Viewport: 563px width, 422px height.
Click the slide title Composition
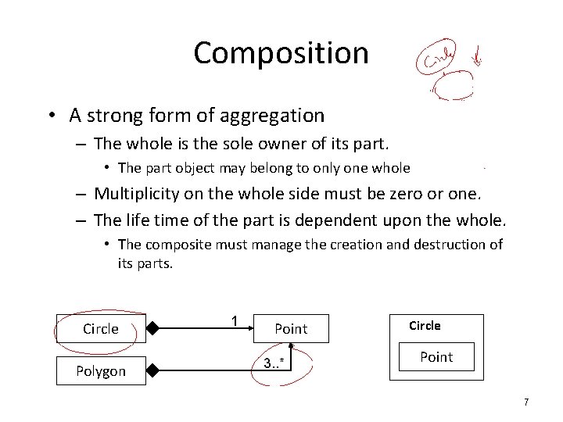[x=281, y=53]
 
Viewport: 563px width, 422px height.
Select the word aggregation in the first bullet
[x=273, y=116]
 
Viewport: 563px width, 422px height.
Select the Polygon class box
[x=101, y=371]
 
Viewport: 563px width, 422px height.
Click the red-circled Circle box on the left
[x=101, y=329]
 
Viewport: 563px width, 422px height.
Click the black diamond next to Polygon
[x=154, y=371]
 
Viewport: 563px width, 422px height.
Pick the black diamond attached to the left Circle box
[x=154, y=329]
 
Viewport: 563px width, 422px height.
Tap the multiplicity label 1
[x=234, y=320]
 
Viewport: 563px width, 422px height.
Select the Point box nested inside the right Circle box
[x=436, y=357]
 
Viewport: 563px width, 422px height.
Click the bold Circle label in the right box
[x=425, y=326]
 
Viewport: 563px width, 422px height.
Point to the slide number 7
[x=526, y=402]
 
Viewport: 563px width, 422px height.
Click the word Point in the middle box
[x=291, y=330]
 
